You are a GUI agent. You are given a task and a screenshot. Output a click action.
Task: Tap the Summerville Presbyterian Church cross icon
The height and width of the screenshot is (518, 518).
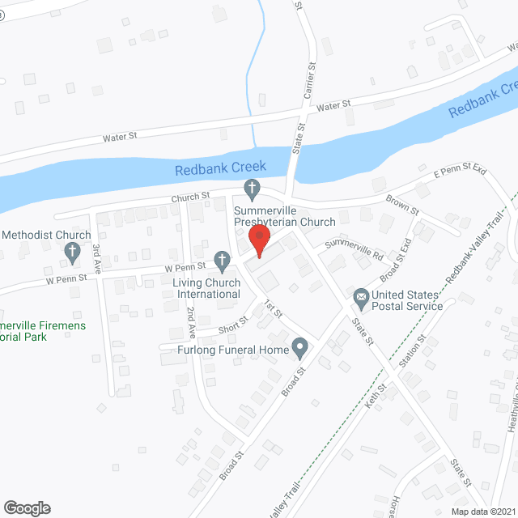[252, 190]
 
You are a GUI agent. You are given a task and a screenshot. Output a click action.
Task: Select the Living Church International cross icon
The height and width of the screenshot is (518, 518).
[222, 260]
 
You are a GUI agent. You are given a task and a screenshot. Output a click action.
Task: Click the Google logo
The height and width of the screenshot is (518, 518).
[26, 507]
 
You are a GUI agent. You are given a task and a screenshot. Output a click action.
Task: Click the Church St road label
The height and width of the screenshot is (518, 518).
[190, 196]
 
